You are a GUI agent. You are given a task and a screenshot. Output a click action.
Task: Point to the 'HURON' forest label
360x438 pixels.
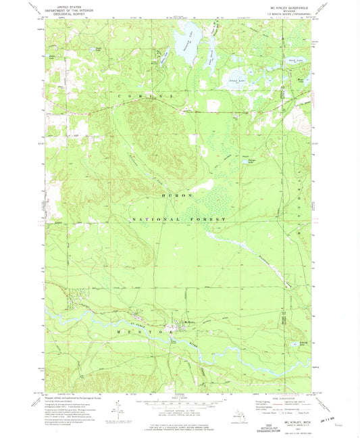click(177, 195)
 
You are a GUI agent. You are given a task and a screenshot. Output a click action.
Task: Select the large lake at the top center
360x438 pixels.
click(184, 46)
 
